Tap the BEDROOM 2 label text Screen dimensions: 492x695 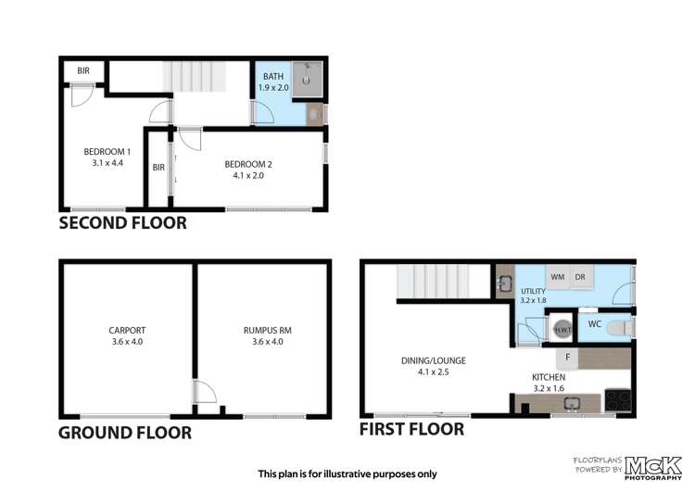248,170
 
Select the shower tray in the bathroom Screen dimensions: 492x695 310,80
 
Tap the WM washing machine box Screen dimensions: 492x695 558,277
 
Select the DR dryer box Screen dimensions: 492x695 580,277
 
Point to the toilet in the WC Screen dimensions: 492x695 623,326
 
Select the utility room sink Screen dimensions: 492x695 505,284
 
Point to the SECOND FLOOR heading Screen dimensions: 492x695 122,223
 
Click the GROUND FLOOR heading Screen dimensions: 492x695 125,433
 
